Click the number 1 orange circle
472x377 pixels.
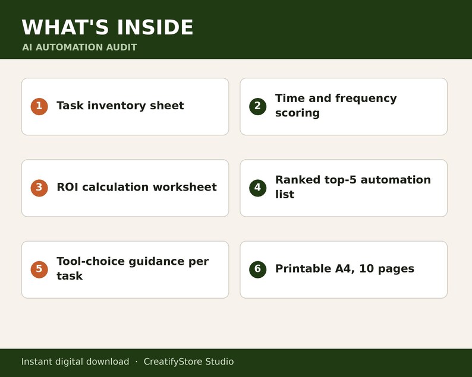[x=39, y=106]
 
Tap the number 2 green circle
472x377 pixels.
[x=257, y=106]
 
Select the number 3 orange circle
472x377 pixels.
[x=39, y=188]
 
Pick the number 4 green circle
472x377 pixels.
[x=257, y=188]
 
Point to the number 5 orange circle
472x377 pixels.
[x=39, y=270]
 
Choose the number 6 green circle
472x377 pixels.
[x=257, y=270]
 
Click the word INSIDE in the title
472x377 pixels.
[x=155, y=27]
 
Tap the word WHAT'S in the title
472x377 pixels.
[x=65, y=27]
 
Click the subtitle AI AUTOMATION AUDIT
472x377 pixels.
[x=80, y=47]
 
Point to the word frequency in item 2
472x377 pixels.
[x=366, y=99]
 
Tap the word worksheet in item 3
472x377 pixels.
[x=185, y=187]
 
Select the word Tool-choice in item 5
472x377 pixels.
[x=90, y=261]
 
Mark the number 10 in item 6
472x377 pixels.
[x=366, y=268]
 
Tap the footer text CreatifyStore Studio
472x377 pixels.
[x=188, y=362]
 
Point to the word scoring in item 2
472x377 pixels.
[x=297, y=113]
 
